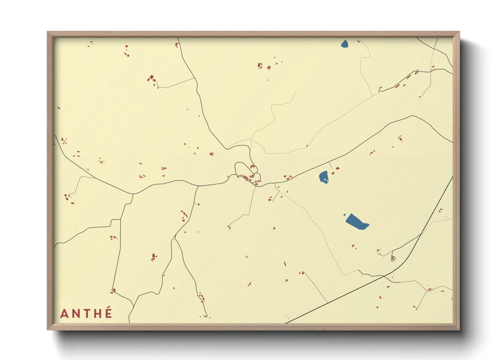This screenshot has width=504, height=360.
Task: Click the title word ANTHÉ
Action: [86, 313]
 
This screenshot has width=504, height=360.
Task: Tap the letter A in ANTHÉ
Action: [64, 314]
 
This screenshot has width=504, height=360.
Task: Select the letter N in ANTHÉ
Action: [76, 314]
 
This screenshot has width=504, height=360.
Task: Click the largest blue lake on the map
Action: [357, 222]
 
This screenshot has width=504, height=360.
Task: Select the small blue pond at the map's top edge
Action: [345, 44]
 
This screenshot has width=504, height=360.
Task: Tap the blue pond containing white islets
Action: [324, 177]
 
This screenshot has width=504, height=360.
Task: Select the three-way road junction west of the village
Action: [133, 194]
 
